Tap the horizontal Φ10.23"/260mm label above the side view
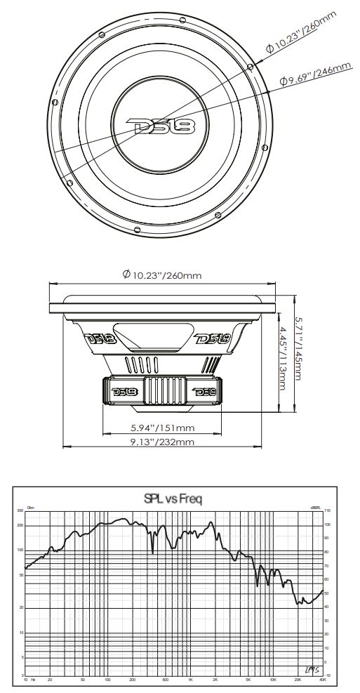162,275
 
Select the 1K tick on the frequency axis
190,680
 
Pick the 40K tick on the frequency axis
321,680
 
